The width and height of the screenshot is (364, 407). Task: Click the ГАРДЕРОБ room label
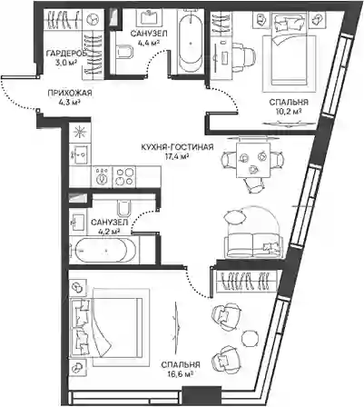pyautogui.click(x=66, y=54)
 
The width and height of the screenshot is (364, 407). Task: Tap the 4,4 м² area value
pyautogui.click(x=148, y=43)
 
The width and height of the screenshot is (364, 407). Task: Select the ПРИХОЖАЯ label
pyautogui.click(x=70, y=94)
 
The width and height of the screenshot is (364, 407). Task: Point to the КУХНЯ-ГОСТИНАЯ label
pyautogui.click(x=177, y=147)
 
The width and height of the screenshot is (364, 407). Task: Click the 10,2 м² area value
pyautogui.click(x=289, y=111)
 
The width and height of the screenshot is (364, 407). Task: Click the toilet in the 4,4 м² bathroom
pyautogui.click(x=124, y=53)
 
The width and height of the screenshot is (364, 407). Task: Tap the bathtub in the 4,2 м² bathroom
pyautogui.click(x=101, y=251)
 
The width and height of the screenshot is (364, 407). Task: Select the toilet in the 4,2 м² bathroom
pyautogui.click(x=123, y=208)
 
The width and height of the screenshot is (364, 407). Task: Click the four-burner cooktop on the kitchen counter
pyautogui.click(x=124, y=176)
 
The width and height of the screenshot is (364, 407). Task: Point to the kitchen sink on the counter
pyautogui.click(x=80, y=154)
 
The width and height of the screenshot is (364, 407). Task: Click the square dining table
pyautogui.click(x=253, y=161)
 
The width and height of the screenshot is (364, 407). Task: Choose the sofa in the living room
pyautogui.click(x=253, y=245)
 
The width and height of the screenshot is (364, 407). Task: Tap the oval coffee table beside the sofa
pyautogui.click(x=234, y=217)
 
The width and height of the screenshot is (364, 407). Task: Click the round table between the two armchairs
pyautogui.click(x=251, y=338)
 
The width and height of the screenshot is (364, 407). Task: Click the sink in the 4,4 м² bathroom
pyautogui.click(x=148, y=17)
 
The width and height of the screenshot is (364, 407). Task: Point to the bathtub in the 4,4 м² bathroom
pyautogui.click(x=191, y=43)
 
